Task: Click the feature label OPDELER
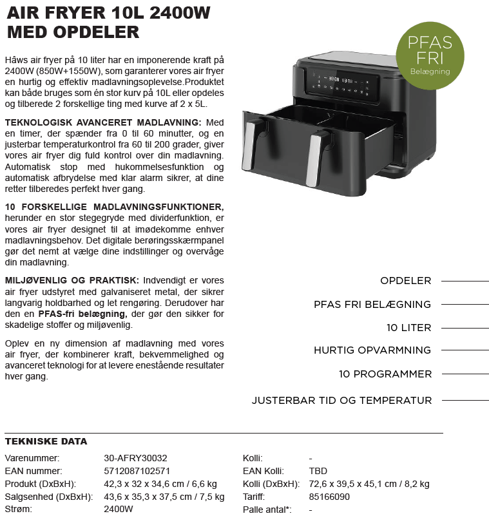pyautogui.click(x=405, y=281)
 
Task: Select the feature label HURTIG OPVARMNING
pyautogui.click(x=372, y=350)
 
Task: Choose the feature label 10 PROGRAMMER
pyautogui.click(x=385, y=374)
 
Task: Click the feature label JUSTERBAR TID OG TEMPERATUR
pyautogui.click(x=341, y=401)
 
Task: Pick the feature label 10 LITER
pyautogui.click(x=408, y=327)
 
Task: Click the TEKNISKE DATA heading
pyautogui.click(x=46, y=442)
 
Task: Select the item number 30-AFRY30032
pyautogui.click(x=135, y=458)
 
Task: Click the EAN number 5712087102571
pyautogui.click(x=137, y=471)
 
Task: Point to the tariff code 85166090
pyautogui.click(x=329, y=497)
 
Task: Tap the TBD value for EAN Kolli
pyautogui.click(x=318, y=471)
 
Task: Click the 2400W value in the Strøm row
pyautogui.click(x=119, y=510)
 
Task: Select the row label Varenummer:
pyautogui.click(x=32, y=458)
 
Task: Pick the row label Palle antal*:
pyautogui.click(x=267, y=510)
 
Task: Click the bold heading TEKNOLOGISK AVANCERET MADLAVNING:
pyautogui.click(x=103, y=122)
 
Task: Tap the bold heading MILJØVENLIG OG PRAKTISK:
pyautogui.click(x=72, y=280)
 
